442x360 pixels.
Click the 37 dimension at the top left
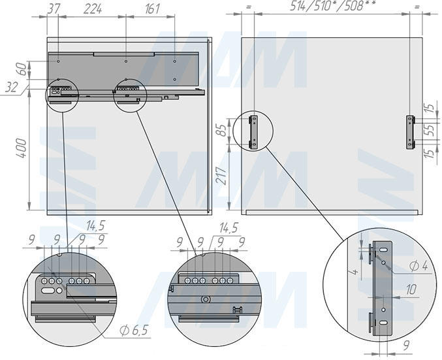54,8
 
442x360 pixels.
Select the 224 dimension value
93,9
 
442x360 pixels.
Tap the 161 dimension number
153,8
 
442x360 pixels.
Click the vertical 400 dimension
22,148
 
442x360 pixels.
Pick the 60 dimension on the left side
24,69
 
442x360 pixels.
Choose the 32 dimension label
11,88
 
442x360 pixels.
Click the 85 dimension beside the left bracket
223,131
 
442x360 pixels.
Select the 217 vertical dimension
223,176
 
